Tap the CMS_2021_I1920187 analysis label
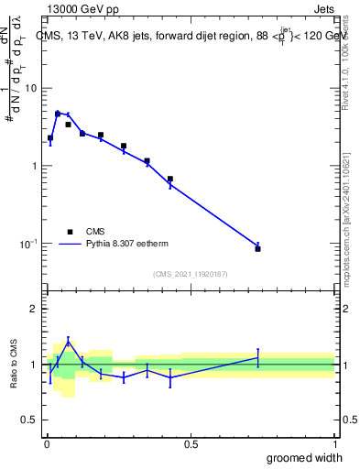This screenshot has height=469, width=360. [x=190, y=274]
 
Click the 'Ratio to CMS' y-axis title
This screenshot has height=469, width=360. [x=14, y=365]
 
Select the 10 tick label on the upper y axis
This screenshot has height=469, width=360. [x=30, y=88]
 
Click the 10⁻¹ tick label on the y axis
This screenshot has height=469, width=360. [x=28, y=244]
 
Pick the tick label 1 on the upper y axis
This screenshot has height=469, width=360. [x=34, y=166]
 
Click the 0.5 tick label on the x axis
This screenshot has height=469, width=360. [x=191, y=444]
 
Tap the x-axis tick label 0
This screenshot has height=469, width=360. [x=46, y=444]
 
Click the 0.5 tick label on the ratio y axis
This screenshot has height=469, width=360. [x=30, y=420]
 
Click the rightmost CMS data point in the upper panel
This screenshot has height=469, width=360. [x=258, y=248]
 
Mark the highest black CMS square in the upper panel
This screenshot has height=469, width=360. [x=58, y=114]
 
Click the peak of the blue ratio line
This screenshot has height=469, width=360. [x=68, y=342]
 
